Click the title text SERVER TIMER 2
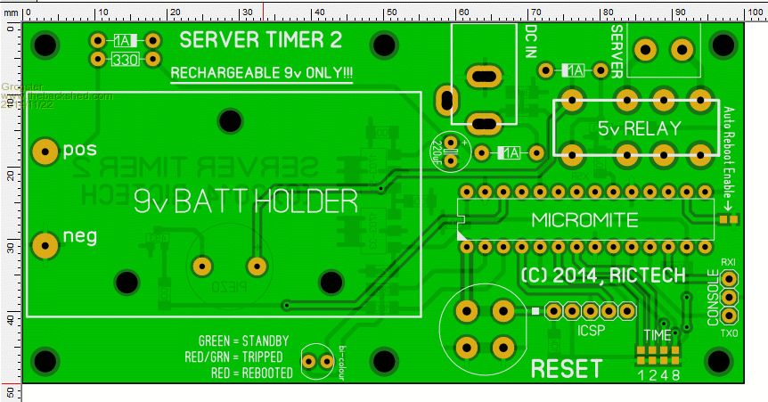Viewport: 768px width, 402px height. [x=260, y=41]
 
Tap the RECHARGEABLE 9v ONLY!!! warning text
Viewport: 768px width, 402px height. [x=261, y=73]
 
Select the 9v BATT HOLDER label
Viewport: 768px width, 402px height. [x=244, y=202]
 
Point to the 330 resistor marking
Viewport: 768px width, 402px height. [x=125, y=60]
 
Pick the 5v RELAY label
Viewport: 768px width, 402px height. [x=639, y=127]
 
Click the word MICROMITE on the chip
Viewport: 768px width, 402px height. [x=584, y=219]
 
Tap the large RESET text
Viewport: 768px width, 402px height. [x=566, y=368]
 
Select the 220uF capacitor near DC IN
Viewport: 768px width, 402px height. [x=453, y=152]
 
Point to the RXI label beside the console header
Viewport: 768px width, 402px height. [x=728, y=262]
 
